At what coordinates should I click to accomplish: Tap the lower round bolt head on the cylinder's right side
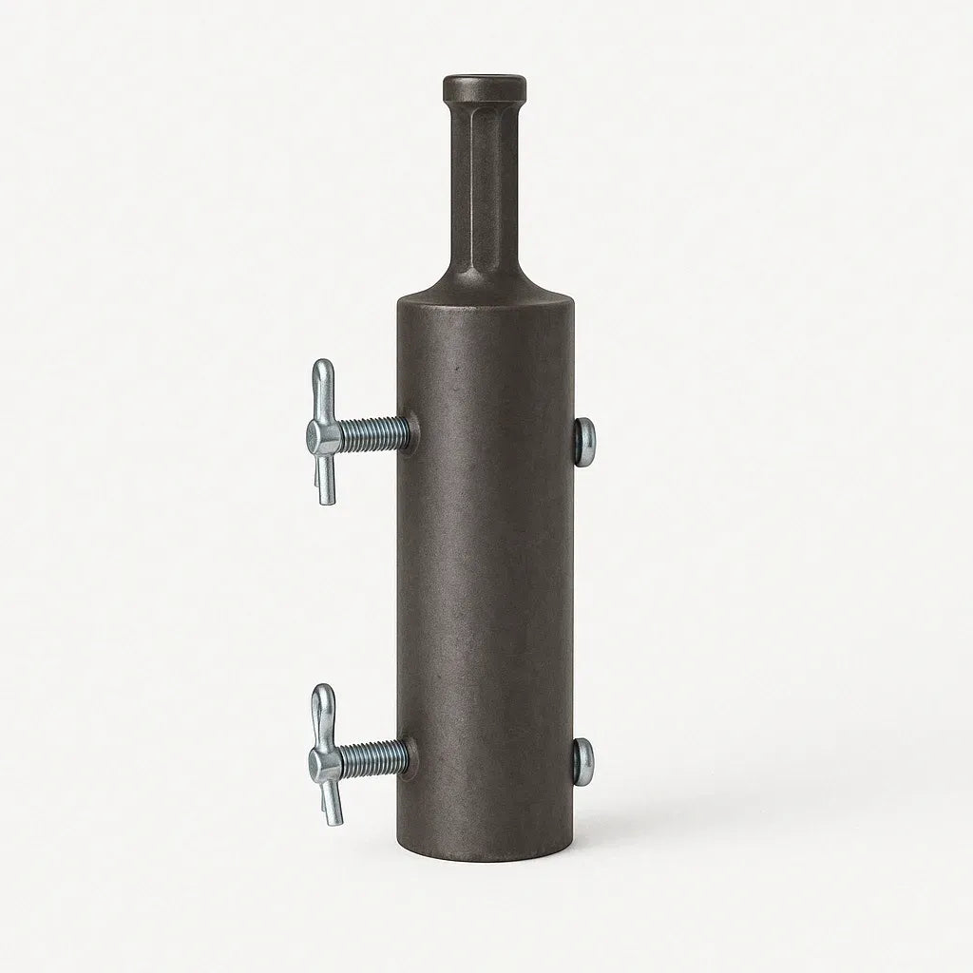tap(583, 760)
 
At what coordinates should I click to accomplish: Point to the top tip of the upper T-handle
tap(324, 365)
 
